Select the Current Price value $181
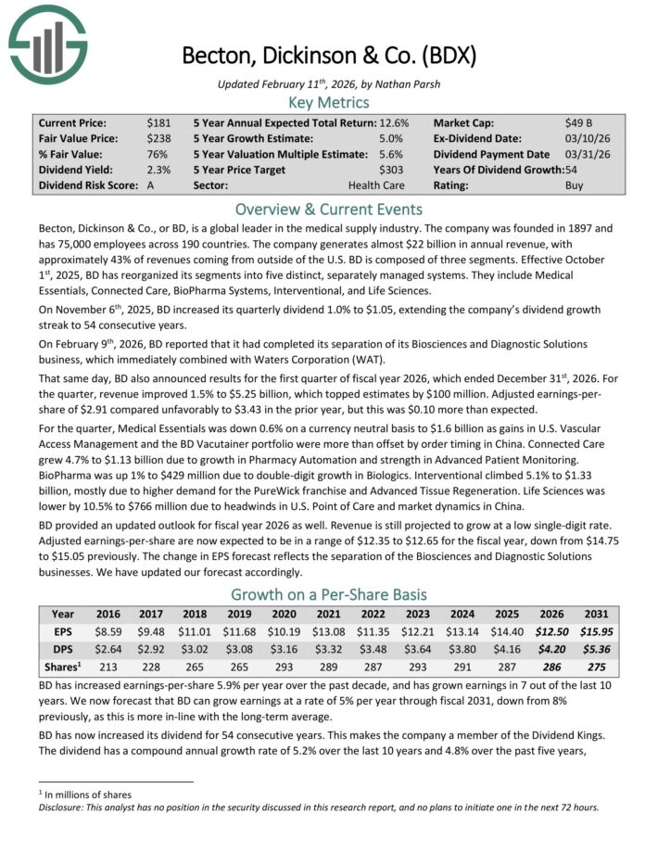coord(158,122)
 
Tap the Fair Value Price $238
coord(158,138)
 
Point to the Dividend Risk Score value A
coord(151,185)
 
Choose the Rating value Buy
coord(575,185)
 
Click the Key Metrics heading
coord(329,102)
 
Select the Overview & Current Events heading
coord(329,209)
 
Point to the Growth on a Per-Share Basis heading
coord(329,594)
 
